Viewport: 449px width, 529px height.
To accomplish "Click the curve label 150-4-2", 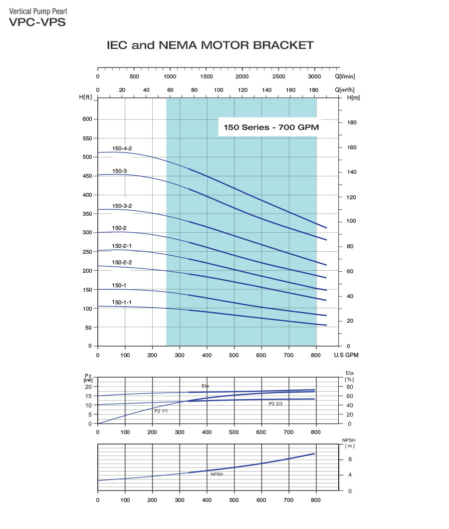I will pyautogui.click(x=122, y=148).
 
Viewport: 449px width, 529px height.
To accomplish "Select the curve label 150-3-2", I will pyautogui.click(x=122, y=206).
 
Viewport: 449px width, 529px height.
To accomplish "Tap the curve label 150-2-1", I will pyautogui.click(x=122, y=246).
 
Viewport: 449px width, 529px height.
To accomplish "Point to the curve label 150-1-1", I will pyautogui.click(x=122, y=302).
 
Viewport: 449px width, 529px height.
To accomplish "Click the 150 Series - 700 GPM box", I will pyautogui.click(x=271, y=127).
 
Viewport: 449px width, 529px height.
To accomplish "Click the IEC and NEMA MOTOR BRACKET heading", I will pyautogui.click(x=210, y=45).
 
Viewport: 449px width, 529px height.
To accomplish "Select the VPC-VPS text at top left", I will pyautogui.click(x=37, y=22).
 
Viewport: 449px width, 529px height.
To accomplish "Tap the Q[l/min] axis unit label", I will pyautogui.click(x=345, y=76).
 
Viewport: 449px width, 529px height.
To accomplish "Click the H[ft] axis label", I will pyautogui.click(x=86, y=97).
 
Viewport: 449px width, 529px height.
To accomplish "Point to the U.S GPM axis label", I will pyautogui.click(x=347, y=355).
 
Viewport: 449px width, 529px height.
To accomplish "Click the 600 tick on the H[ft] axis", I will pyautogui.click(x=87, y=119).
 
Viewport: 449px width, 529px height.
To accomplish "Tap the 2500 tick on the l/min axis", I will pyautogui.click(x=278, y=76).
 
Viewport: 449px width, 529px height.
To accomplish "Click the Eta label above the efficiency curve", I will pyautogui.click(x=205, y=386).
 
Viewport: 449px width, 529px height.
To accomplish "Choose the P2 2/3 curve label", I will pyautogui.click(x=275, y=403).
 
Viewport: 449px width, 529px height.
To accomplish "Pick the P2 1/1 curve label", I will pyautogui.click(x=161, y=411).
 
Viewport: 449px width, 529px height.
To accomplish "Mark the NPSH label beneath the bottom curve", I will pyautogui.click(x=217, y=474).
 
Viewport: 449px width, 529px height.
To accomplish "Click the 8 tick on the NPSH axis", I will pyautogui.click(x=350, y=460).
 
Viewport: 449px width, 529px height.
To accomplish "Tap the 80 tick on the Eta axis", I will pyautogui.click(x=350, y=387).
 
